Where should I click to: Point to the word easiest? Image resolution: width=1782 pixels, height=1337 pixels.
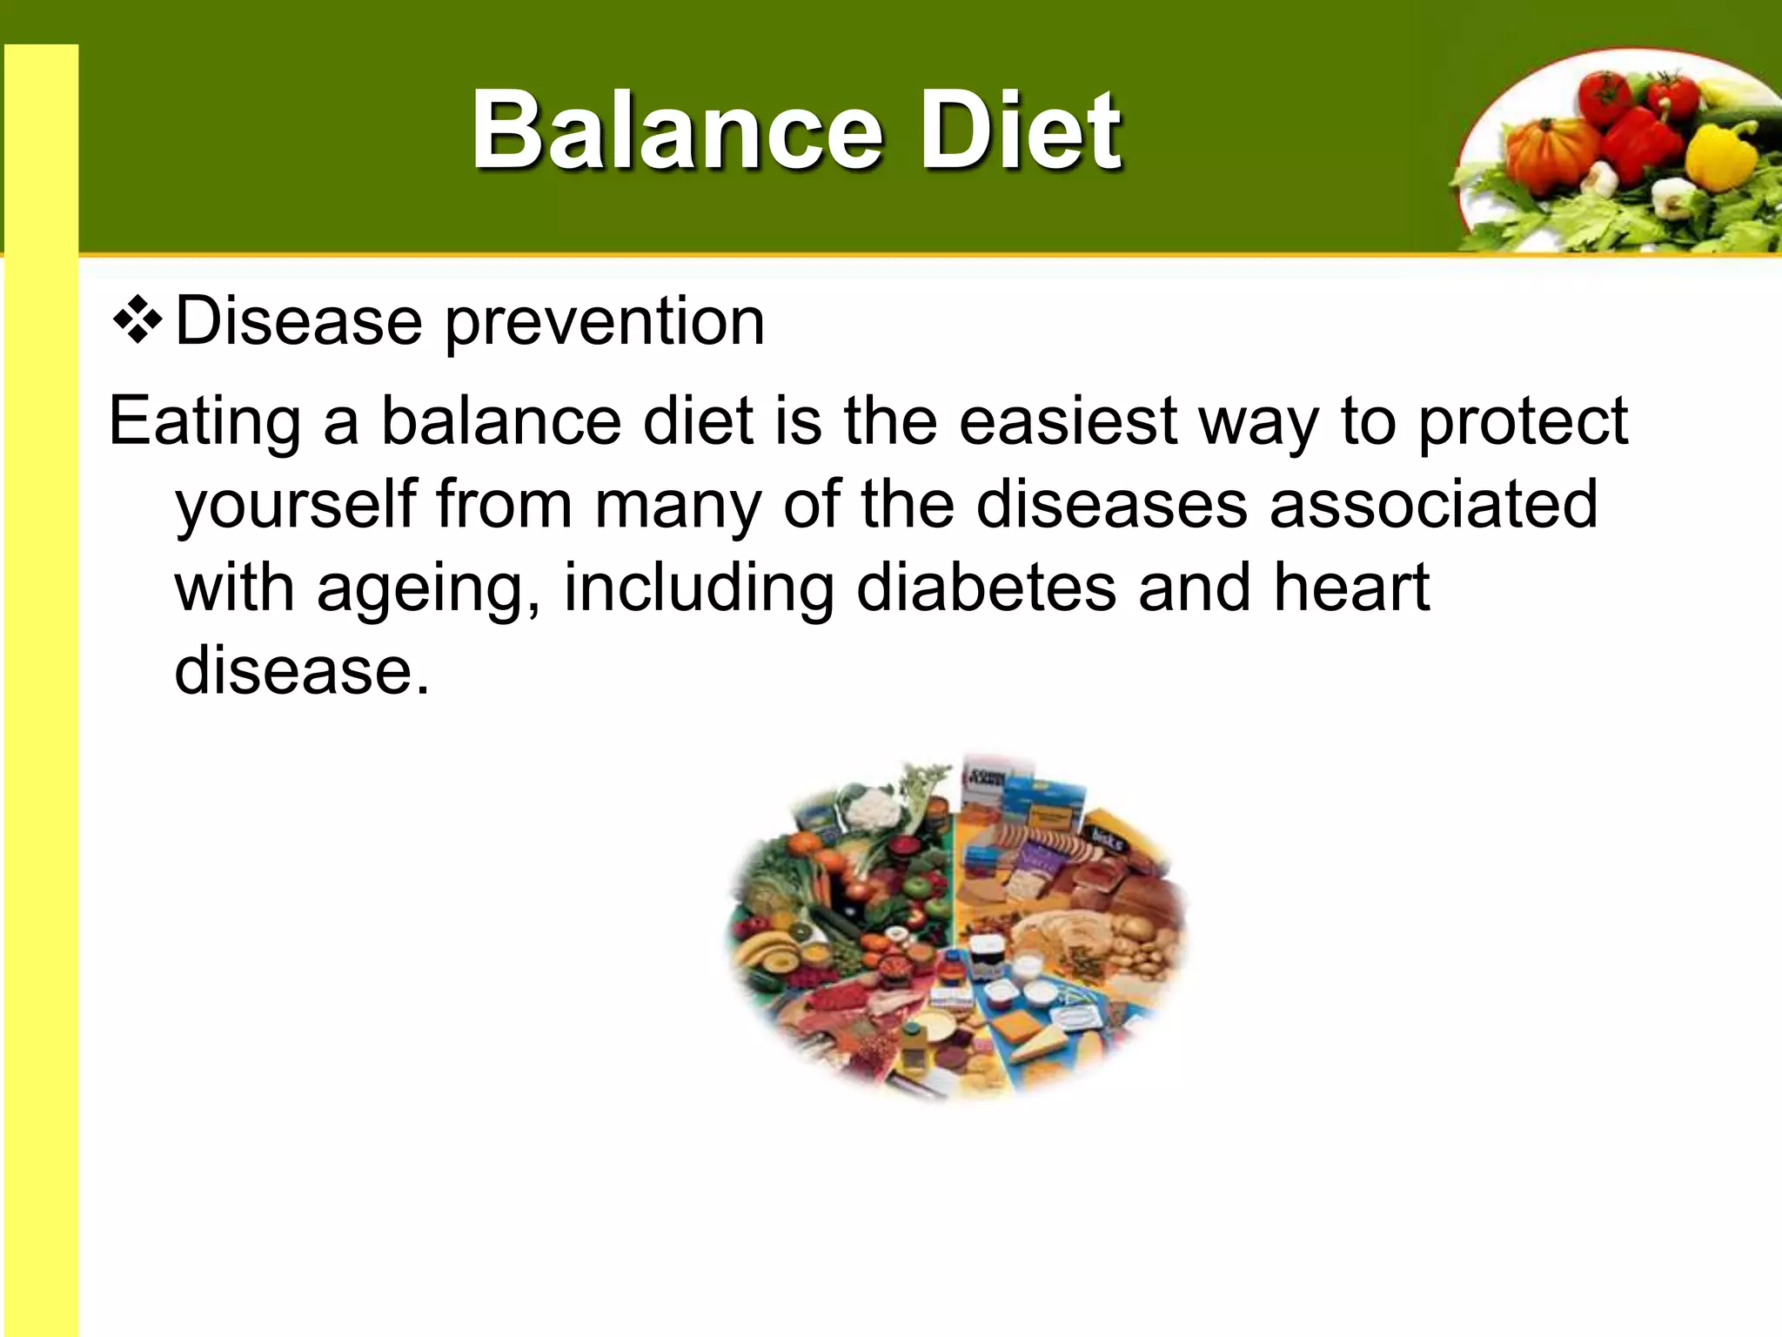click(1068, 422)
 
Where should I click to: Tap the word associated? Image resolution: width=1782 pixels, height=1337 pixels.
click(1433, 505)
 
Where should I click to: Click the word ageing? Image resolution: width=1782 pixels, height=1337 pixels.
click(427, 590)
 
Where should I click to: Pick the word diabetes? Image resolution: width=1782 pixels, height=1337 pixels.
click(986, 588)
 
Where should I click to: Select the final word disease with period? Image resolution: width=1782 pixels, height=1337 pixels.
click(302, 672)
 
